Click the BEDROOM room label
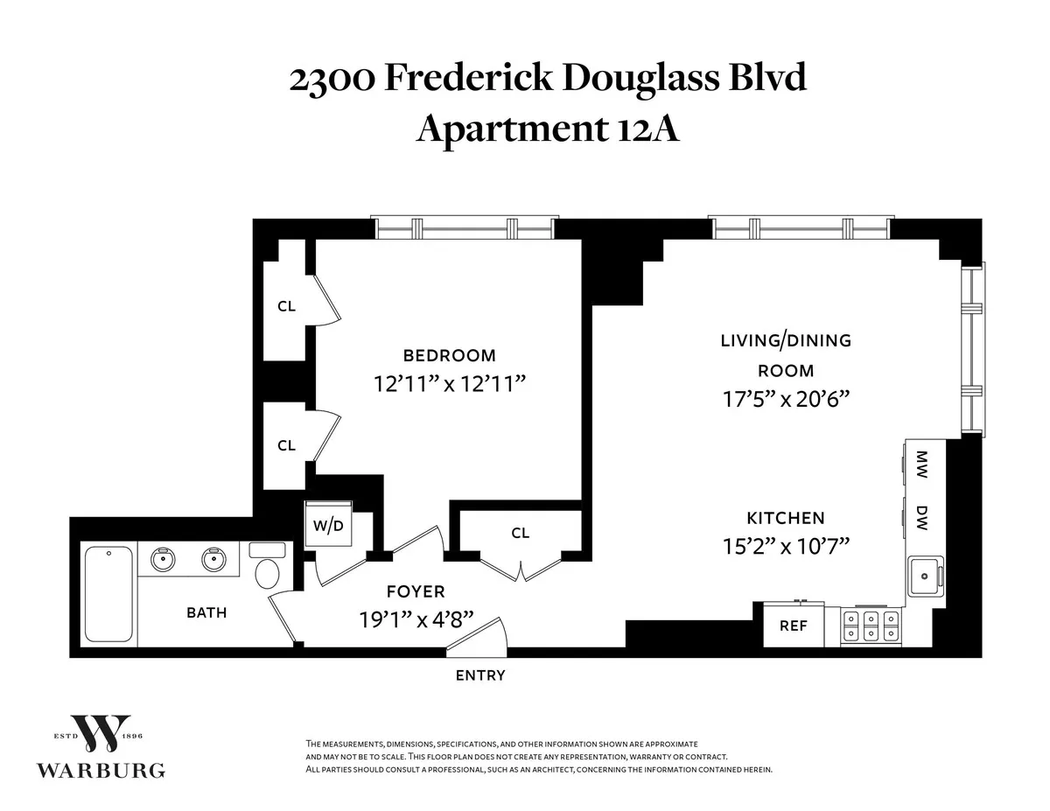(x=449, y=355)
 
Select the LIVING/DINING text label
(x=785, y=340)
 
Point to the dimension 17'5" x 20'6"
(x=785, y=399)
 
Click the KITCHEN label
(x=785, y=518)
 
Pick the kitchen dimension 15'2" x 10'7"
(x=785, y=547)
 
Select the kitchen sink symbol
(x=923, y=576)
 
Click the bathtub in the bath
(x=108, y=594)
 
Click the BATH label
(x=206, y=612)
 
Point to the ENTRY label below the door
(x=480, y=675)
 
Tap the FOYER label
(x=416, y=592)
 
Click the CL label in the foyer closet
(x=521, y=533)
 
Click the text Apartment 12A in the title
(x=548, y=129)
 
